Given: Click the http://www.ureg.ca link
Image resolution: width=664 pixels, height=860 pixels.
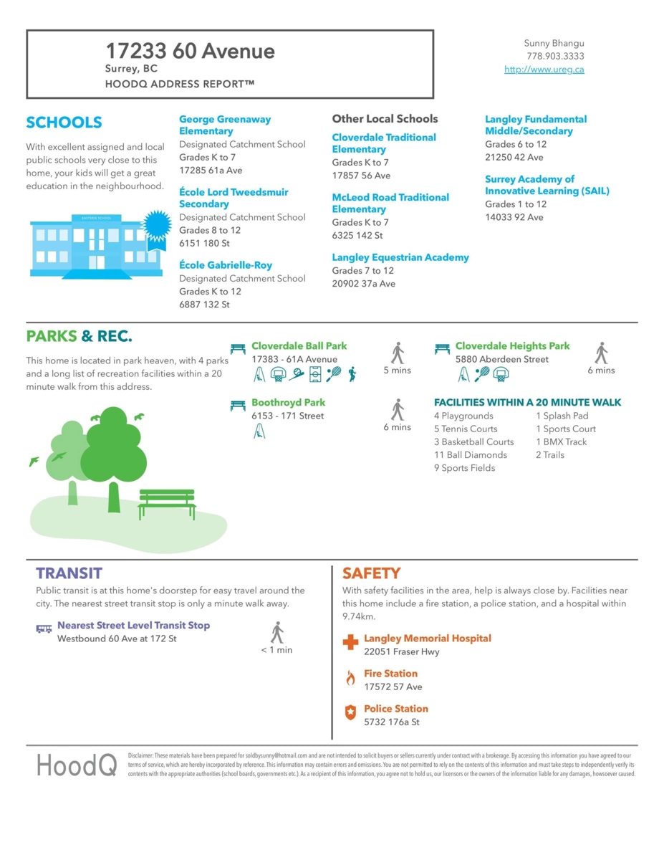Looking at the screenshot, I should click(544, 70).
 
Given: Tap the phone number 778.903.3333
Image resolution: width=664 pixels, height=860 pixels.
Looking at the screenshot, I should click(554, 56).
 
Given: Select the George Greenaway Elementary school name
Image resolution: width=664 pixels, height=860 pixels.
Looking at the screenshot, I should click(225, 125).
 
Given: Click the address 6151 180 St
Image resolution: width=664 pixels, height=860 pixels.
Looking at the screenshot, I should click(204, 244).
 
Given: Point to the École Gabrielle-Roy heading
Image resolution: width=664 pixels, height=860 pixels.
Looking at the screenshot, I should click(226, 265).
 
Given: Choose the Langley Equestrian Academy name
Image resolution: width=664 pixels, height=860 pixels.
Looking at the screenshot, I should click(400, 257).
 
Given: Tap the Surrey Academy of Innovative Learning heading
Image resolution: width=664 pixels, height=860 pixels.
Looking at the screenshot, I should click(547, 185).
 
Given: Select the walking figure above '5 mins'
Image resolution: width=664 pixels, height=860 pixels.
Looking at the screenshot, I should click(398, 353).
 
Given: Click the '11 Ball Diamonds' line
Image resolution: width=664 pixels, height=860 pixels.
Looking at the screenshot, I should click(470, 454).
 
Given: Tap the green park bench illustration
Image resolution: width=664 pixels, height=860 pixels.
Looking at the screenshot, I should click(167, 503).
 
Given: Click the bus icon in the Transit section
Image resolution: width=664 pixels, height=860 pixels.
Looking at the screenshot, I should click(44, 629).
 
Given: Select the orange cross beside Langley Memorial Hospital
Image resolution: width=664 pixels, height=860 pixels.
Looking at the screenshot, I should click(350, 642).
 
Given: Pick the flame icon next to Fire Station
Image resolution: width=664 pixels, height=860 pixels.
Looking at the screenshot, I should click(350, 678).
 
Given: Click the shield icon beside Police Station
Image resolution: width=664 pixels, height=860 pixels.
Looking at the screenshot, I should click(350, 713).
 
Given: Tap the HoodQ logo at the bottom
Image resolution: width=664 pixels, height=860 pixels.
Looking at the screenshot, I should click(77, 765).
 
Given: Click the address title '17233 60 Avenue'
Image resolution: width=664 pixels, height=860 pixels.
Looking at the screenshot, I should click(190, 51).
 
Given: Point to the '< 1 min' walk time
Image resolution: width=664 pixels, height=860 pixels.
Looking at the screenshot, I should click(276, 650).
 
